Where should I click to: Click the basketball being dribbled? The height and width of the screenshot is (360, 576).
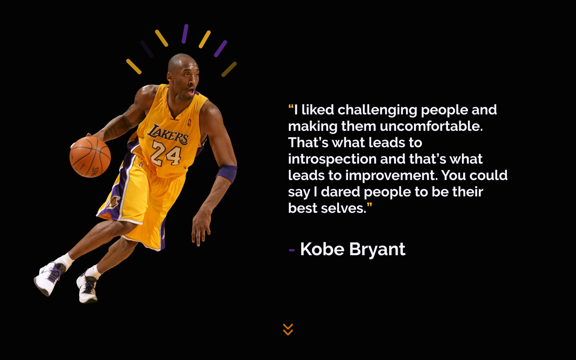[90, 156]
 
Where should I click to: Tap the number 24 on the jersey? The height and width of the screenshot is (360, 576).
[166, 154]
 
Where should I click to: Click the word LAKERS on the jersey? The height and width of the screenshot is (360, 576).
[168, 134]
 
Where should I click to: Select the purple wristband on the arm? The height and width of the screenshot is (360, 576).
[227, 173]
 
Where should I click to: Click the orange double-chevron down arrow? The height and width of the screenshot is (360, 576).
[288, 330]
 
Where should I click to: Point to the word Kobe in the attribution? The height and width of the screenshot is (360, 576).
[322, 249]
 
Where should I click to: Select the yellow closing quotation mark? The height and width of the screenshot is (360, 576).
[369, 206]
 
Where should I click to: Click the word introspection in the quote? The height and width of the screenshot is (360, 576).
[332, 159]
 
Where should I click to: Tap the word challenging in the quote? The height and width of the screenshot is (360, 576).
[377, 110]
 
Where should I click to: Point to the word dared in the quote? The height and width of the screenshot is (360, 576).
[340, 192]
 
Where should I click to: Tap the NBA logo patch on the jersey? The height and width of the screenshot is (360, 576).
[189, 122]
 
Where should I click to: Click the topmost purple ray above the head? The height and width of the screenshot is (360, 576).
[185, 34]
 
